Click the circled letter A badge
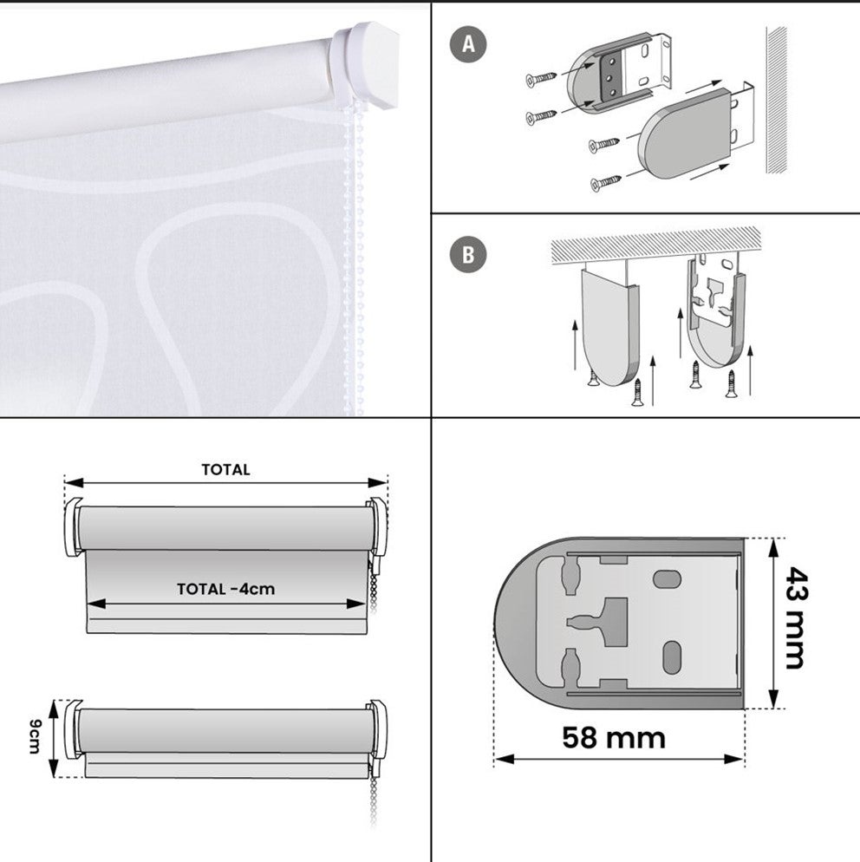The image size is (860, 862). coord(469,44)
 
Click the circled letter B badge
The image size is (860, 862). coord(469,255)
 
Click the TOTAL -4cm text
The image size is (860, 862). coord(225,589)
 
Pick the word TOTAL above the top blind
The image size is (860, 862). coord(225,470)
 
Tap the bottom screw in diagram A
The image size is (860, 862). coord(606,182)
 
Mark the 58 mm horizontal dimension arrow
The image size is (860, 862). coord(619,760)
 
